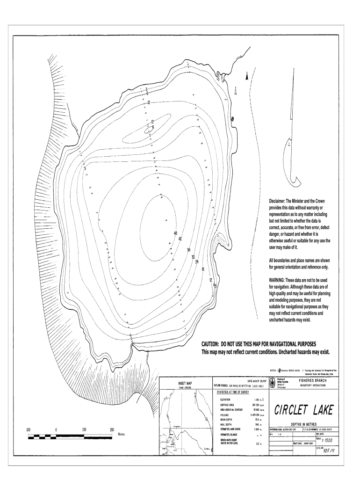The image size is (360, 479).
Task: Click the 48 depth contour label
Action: tap(175, 233)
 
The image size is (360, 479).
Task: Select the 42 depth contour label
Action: tap(180, 239)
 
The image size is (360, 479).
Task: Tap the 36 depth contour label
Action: tap(188, 250)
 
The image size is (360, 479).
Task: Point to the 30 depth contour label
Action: tap(193, 257)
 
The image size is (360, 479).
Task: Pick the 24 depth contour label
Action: tap(197, 261)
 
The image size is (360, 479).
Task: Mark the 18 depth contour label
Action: tap(203, 269)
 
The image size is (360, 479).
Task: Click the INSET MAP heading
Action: tap(186, 384)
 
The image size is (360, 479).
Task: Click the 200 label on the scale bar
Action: tap(112, 429)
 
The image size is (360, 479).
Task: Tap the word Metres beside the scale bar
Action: tap(124, 434)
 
